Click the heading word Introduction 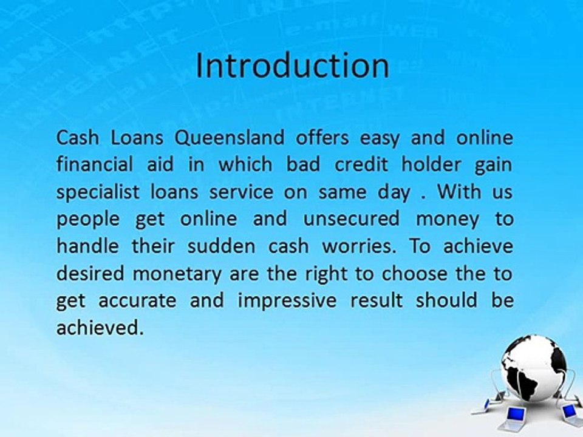click(x=292, y=66)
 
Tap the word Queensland click(x=229, y=138)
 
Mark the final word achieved click(x=100, y=328)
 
